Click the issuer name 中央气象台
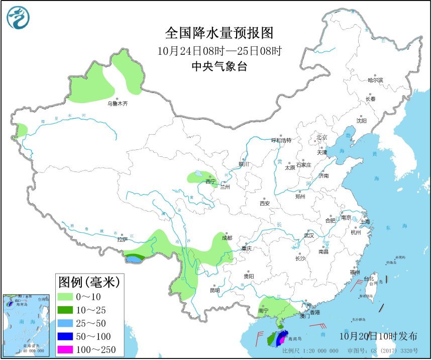point(219,66)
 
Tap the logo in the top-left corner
point(18,18)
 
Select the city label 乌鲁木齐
point(117,104)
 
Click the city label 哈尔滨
point(375,80)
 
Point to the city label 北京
point(321,137)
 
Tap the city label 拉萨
point(122,240)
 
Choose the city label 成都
point(227,238)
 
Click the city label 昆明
point(214,290)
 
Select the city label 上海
point(364,222)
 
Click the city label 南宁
point(264,311)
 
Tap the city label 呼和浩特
point(281,140)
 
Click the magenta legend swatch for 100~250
point(66,349)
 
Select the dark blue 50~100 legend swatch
point(66,336)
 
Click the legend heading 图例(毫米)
point(89,282)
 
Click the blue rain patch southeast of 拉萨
point(133,259)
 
